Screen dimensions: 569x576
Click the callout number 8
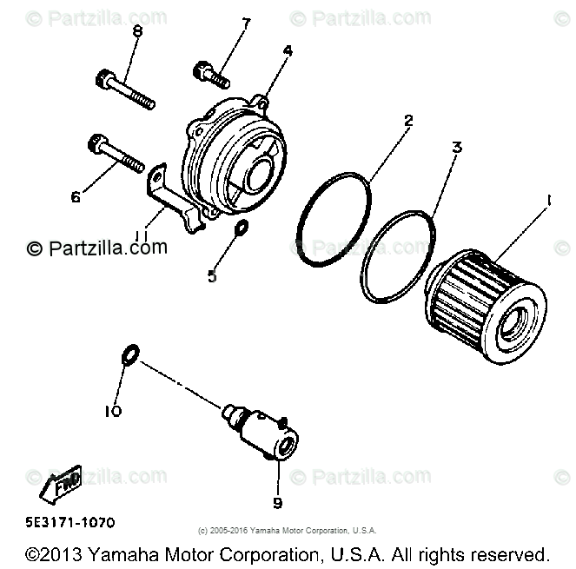[x=136, y=31]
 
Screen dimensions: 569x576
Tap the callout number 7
[x=246, y=23]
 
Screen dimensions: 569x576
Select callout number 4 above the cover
[x=287, y=50]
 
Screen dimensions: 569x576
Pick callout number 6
[x=76, y=197]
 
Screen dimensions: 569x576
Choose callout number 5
[x=211, y=277]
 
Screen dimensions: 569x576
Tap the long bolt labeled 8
[x=123, y=91]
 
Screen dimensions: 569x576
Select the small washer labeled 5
[x=242, y=228]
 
